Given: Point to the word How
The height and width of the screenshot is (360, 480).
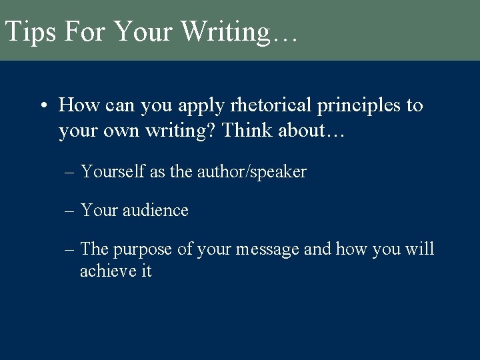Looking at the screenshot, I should coord(76,105).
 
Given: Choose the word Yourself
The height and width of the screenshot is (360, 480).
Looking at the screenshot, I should coord(113,171).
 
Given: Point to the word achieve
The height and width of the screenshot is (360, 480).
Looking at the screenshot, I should coord(107,271).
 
